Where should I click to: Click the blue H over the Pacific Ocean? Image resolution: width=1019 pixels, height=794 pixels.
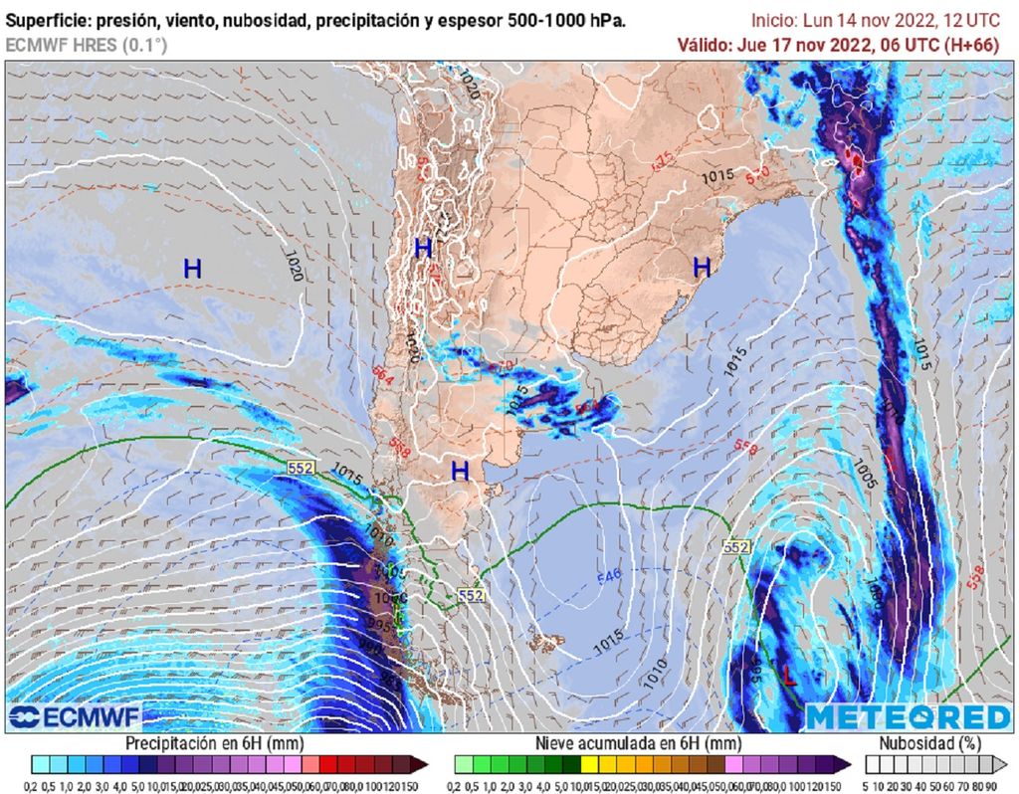coord(192,268)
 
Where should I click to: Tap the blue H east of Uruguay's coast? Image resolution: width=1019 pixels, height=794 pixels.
coord(702,266)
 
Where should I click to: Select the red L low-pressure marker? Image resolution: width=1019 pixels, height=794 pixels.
coord(788,677)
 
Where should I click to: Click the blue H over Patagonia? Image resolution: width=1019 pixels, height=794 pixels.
coord(459,470)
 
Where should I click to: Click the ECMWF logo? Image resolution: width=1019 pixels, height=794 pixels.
coord(75,716)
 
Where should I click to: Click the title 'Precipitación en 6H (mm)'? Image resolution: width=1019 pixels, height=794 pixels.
coord(214,743)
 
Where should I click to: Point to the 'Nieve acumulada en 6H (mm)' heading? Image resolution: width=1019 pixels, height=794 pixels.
coord(637,743)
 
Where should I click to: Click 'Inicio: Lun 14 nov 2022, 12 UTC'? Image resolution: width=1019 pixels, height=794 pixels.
coord(881,20)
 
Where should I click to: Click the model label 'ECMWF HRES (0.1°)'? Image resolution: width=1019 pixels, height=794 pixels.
coord(87,45)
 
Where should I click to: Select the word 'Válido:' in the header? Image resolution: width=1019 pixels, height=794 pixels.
coord(704,45)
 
